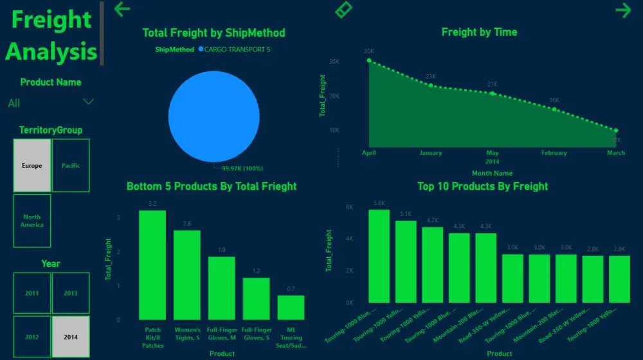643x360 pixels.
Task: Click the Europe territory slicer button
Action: (x=32, y=166)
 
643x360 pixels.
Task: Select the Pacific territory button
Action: (x=71, y=166)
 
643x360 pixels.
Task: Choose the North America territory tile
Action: (x=32, y=221)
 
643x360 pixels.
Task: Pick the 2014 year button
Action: (x=71, y=337)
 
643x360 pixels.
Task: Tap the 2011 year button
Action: (x=32, y=293)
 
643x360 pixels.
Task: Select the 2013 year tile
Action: (x=71, y=293)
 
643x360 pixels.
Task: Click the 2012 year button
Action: (x=32, y=337)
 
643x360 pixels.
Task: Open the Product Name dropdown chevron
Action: (x=89, y=102)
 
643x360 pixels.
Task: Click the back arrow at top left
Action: (x=122, y=9)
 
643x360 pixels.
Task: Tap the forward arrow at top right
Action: (x=622, y=10)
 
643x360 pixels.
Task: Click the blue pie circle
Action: (x=213, y=116)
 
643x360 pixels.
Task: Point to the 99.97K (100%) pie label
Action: (x=242, y=168)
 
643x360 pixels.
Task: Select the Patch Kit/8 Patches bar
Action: (x=152, y=265)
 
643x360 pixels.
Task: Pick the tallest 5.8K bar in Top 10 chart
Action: (x=379, y=256)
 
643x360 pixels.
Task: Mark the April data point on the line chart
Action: (x=369, y=60)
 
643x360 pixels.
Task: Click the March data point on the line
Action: (x=615, y=130)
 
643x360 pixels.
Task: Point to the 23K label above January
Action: (x=431, y=76)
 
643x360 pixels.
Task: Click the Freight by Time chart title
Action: (x=479, y=32)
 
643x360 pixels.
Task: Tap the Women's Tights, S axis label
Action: (x=187, y=334)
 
